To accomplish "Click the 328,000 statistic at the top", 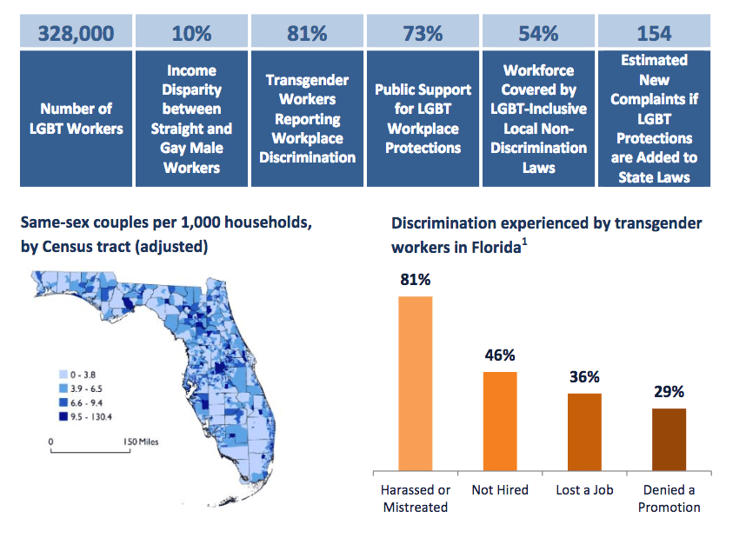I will pyautogui.click(x=75, y=34).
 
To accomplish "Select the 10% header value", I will pyautogui.click(x=191, y=34).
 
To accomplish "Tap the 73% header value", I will pyautogui.click(x=423, y=34).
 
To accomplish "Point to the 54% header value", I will pyautogui.click(x=539, y=34).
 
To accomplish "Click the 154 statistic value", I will pyautogui.click(x=654, y=34).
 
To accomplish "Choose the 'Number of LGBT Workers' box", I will pyautogui.click(x=75, y=119).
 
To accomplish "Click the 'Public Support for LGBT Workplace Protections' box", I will pyautogui.click(x=423, y=119).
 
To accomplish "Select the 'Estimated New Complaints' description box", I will pyautogui.click(x=654, y=119).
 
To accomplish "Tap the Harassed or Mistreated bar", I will pyautogui.click(x=416, y=383).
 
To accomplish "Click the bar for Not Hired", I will pyautogui.click(x=500, y=422).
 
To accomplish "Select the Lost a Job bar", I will pyautogui.click(x=584, y=432).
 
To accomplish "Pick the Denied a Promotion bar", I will pyautogui.click(x=669, y=440).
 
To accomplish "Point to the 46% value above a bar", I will pyautogui.click(x=500, y=355).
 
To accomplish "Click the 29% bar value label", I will pyautogui.click(x=669, y=392).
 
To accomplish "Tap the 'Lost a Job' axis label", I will pyautogui.click(x=584, y=490).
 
